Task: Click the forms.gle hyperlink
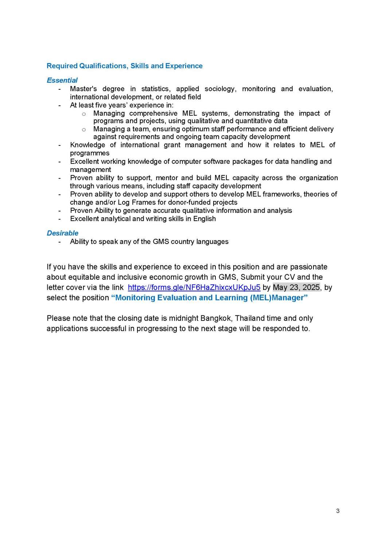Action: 194,287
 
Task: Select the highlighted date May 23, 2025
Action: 296,287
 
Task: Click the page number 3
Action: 338,511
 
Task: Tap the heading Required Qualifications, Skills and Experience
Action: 125,66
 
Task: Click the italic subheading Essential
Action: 62,80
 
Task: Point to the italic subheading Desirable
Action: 63,233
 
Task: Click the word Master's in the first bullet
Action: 83,89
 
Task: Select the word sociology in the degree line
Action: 221,89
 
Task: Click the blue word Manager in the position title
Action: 289,298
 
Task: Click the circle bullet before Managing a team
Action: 84,129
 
